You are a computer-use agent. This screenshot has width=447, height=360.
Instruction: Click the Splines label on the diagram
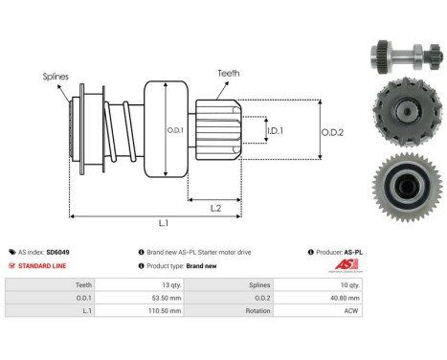pos(56,75)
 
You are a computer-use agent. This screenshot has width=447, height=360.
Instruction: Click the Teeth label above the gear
pos(229,72)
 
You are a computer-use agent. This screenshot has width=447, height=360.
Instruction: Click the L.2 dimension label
pos(215,207)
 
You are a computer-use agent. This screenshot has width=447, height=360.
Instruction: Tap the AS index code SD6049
pos(57,252)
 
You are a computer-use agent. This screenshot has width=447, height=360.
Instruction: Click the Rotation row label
pos(256,311)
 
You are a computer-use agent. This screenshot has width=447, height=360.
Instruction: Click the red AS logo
pos(343,266)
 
